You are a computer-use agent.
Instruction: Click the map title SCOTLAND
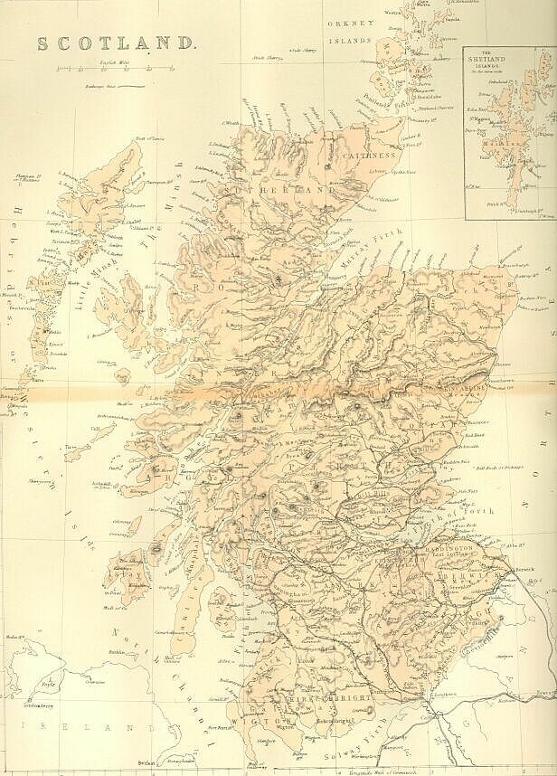coord(114,43)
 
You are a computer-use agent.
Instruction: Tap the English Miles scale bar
coord(114,69)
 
